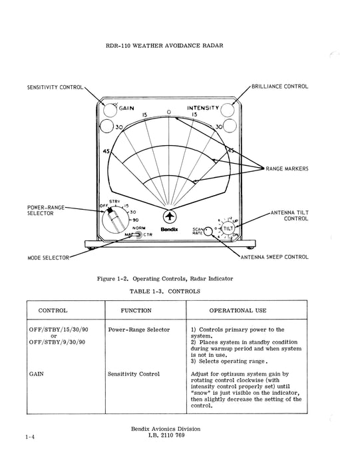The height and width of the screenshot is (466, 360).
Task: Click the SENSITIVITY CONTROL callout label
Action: [x=55, y=87]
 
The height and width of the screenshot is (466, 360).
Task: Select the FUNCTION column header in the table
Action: [x=136, y=311]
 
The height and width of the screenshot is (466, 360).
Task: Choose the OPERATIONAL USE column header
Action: [x=238, y=311]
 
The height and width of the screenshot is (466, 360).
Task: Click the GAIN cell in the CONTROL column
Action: [x=37, y=374]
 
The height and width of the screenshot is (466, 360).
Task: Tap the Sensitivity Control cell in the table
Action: [x=134, y=374]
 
